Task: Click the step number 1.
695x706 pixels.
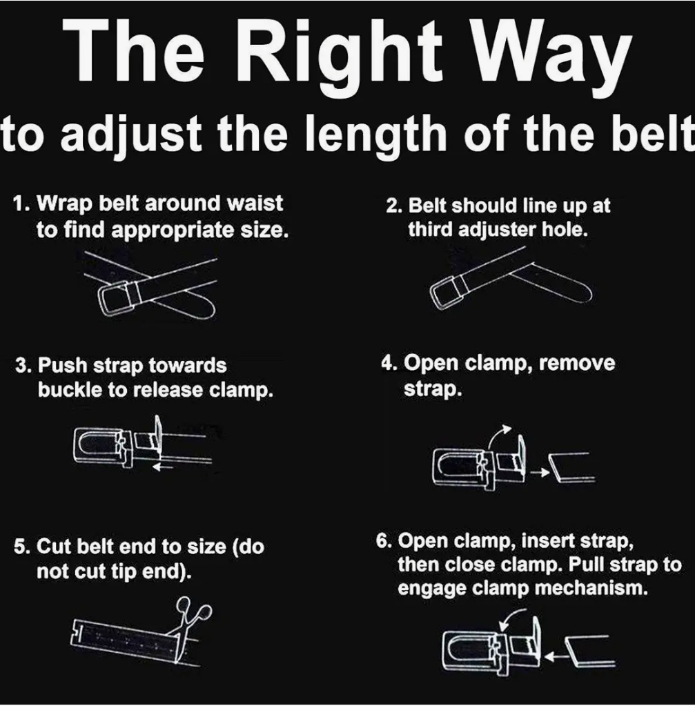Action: coord(21,204)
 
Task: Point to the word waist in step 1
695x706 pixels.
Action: coord(256,204)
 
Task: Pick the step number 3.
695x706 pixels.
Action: coord(21,366)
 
